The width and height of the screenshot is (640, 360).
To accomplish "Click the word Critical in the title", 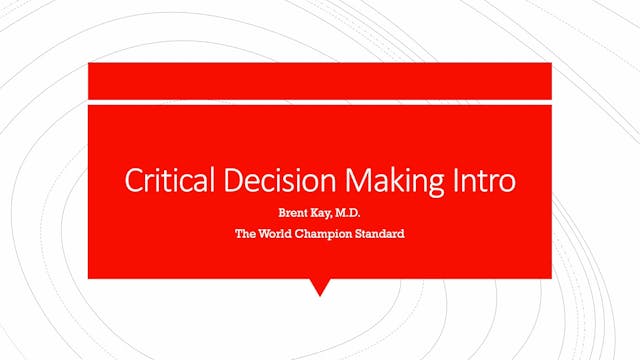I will click(x=157, y=181).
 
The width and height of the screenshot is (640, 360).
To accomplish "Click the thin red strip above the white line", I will click(x=320, y=80).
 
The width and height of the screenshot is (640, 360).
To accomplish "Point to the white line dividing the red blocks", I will click(x=320, y=100).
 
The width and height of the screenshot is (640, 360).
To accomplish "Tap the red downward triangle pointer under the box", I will click(x=320, y=286).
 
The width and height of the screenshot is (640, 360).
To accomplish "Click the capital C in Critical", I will click(x=131, y=181).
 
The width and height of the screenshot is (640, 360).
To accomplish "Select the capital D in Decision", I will click(x=214, y=181).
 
